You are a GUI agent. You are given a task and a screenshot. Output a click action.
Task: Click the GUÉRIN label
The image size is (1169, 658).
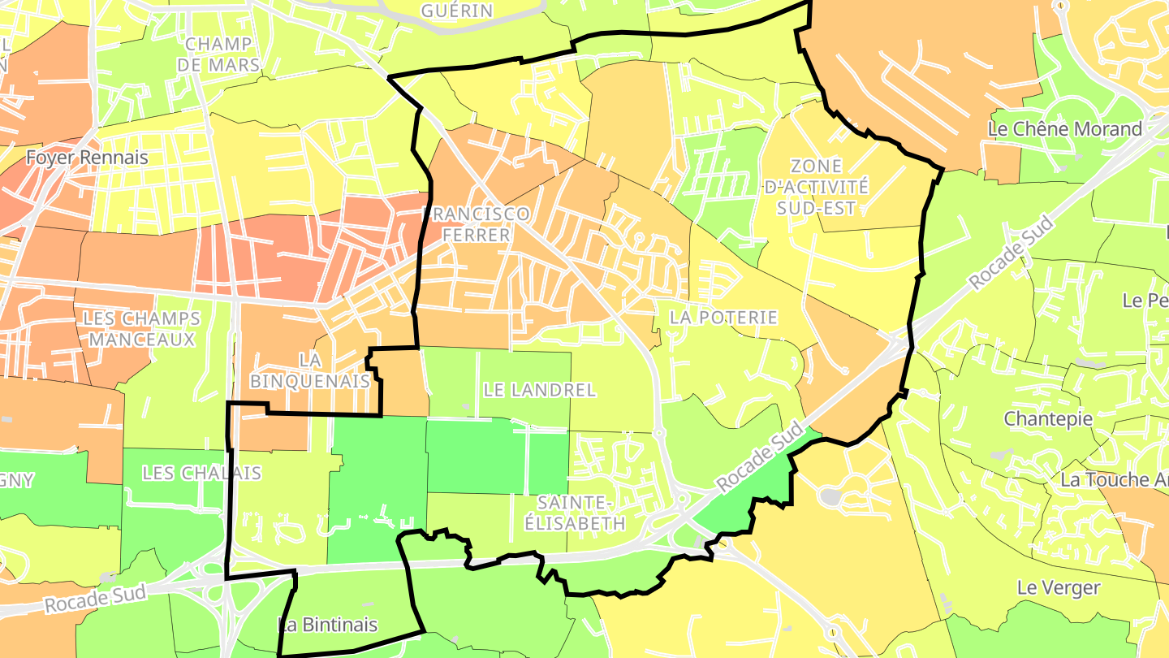click(457, 11)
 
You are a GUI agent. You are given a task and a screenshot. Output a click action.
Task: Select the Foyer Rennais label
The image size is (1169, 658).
click(87, 158)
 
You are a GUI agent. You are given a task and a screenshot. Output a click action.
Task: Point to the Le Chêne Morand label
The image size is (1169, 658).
click(1065, 129)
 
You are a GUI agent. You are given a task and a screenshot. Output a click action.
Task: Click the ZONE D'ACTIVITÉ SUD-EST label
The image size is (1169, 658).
click(817, 187)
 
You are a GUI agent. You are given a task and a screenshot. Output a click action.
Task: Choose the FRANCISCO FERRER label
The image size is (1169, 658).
click(477, 224)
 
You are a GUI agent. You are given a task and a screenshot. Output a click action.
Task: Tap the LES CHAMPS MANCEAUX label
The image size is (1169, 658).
click(141, 328)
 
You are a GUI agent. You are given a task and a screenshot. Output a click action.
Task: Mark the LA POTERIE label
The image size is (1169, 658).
click(723, 318)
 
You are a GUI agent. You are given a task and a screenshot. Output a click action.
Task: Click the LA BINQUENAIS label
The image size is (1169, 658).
click(310, 370)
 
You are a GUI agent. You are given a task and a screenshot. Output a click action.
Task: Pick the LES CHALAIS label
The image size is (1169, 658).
click(201, 473)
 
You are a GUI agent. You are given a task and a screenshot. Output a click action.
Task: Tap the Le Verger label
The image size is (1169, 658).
click(1059, 587)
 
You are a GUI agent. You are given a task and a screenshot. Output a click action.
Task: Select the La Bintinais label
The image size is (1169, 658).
click(328, 625)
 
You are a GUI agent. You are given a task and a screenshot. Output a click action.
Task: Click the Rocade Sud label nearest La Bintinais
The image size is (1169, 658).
click(95, 600)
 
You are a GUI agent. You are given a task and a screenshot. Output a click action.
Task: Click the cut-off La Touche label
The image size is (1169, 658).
click(1116, 480)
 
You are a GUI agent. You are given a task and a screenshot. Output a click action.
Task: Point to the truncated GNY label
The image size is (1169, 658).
click(17, 480)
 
